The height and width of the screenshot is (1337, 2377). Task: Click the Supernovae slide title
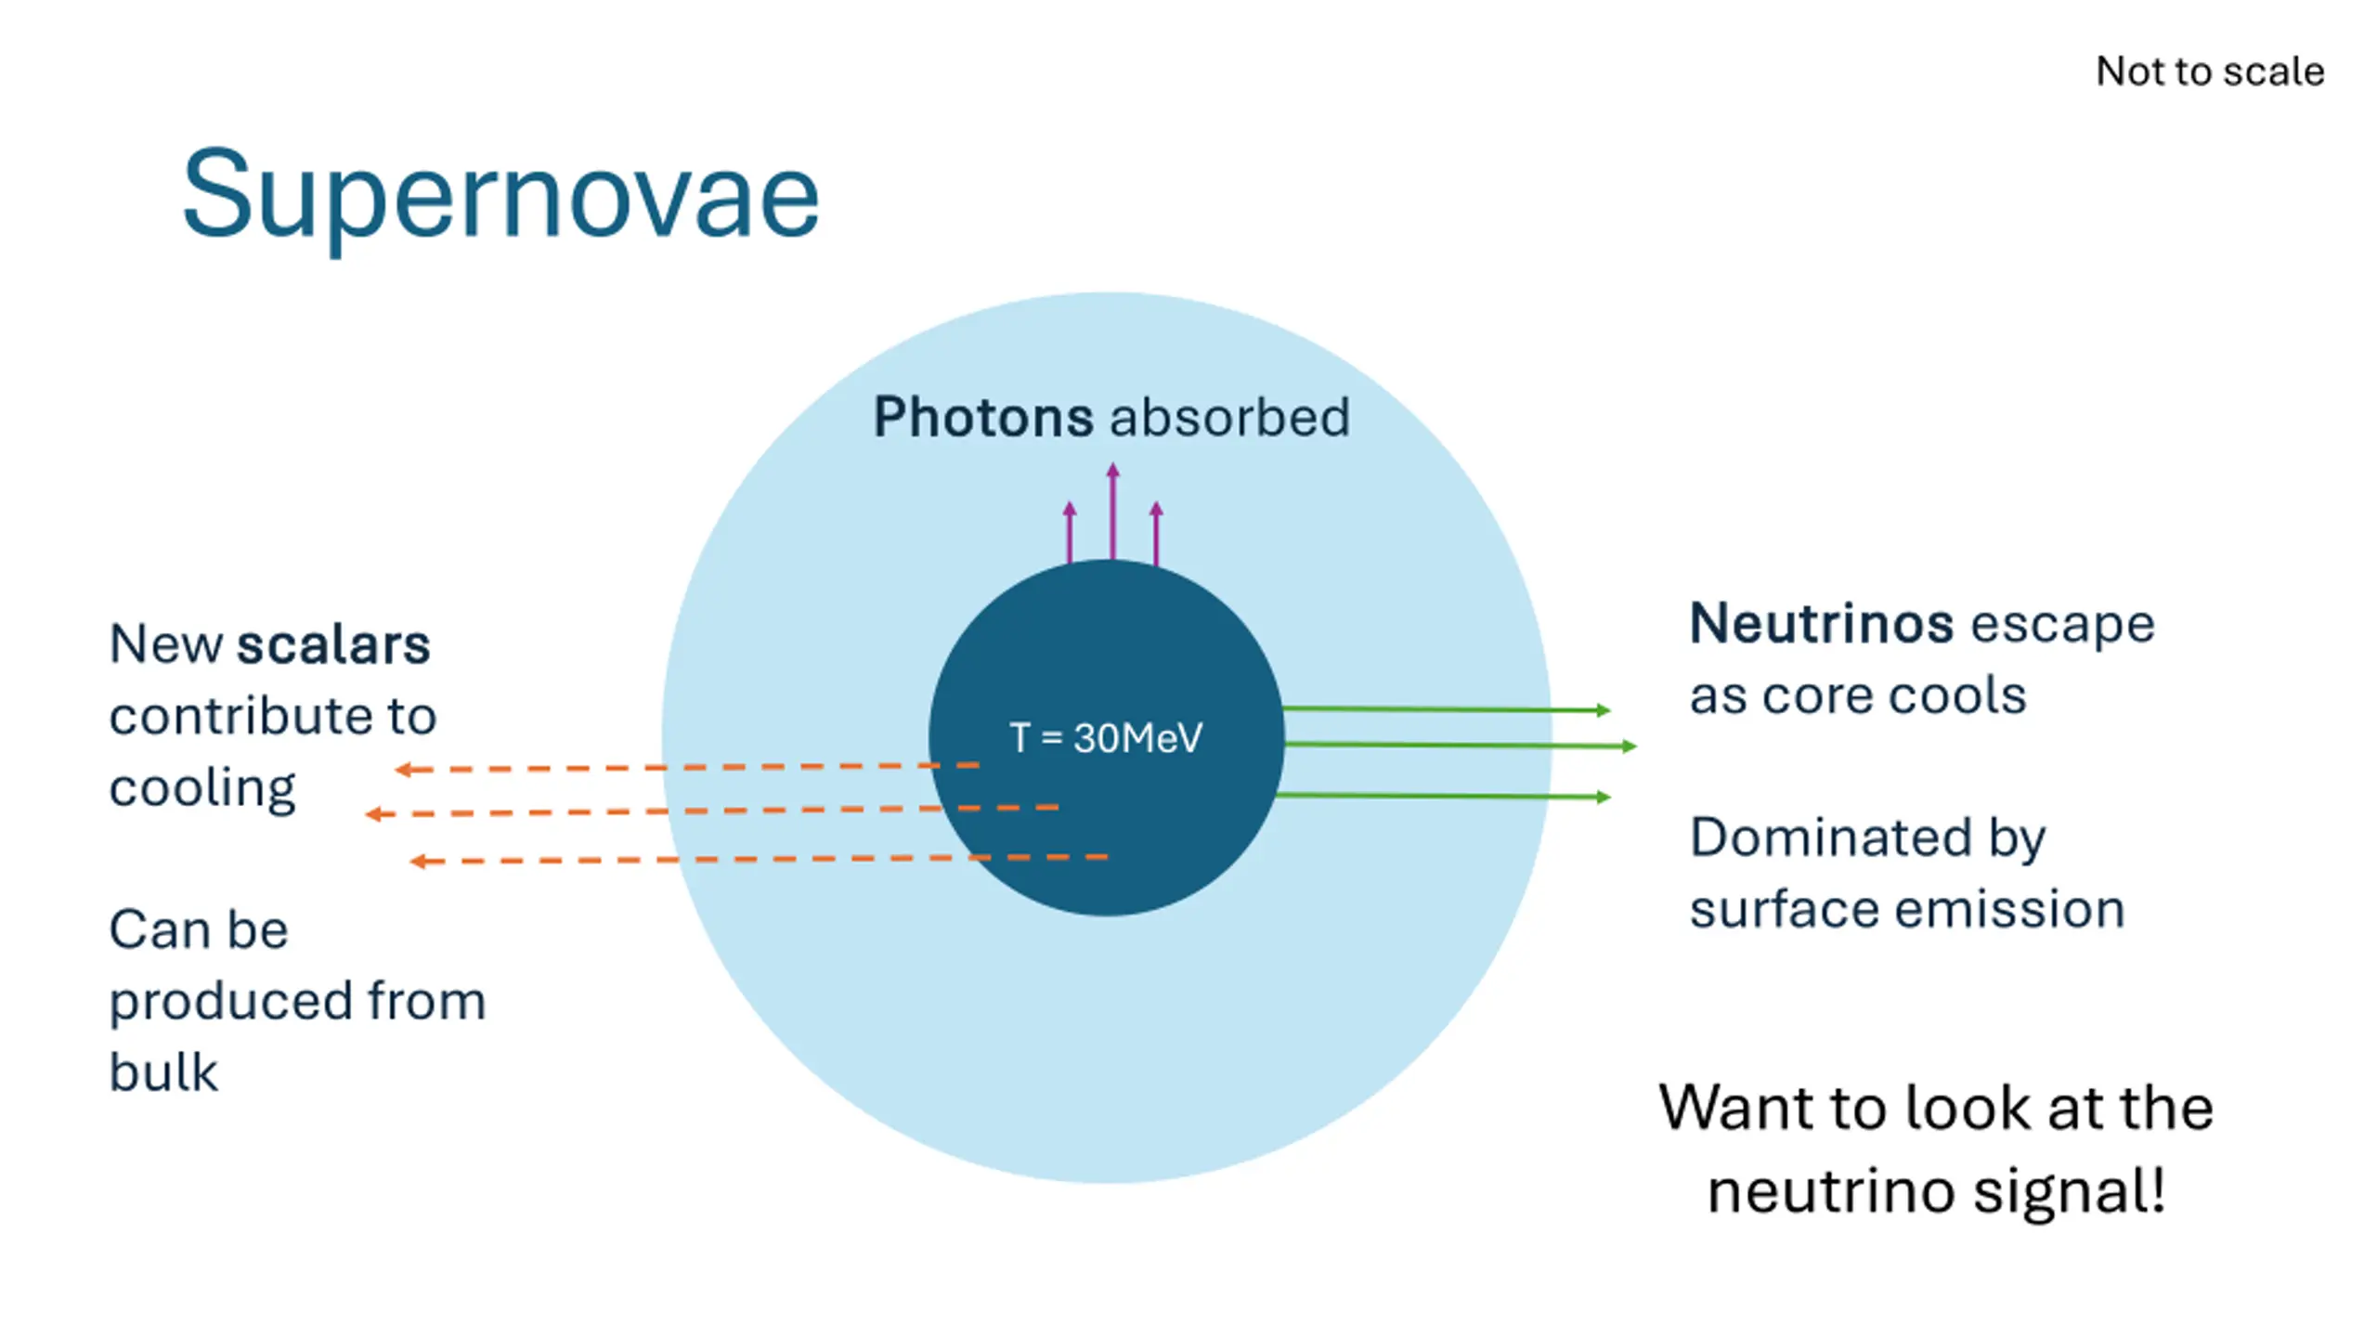pyautogui.click(x=500, y=196)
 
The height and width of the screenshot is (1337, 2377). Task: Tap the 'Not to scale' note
pyautogui.click(x=2210, y=71)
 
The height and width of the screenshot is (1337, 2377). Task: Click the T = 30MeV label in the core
pyautogui.click(x=1106, y=738)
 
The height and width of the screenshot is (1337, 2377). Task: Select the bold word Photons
pyautogui.click(x=982, y=417)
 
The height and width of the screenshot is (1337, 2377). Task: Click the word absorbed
pyautogui.click(x=1230, y=417)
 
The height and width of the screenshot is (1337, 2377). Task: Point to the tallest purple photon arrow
pyautogui.click(x=1112, y=511)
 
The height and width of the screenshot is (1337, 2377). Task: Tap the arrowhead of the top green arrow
pyautogui.click(x=1604, y=710)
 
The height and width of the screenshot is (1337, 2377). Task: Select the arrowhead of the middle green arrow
pyautogui.click(x=1630, y=746)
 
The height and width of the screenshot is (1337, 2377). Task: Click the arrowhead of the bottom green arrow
pyautogui.click(x=1604, y=797)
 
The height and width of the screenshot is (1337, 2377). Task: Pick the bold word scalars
pyautogui.click(x=334, y=644)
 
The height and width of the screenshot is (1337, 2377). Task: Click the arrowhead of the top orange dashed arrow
pyautogui.click(x=402, y=770)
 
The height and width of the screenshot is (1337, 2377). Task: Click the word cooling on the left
pyautogui.click(x=202, y=789)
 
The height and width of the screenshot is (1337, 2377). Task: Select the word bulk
pyautogui.click(x=163, y=1073)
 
